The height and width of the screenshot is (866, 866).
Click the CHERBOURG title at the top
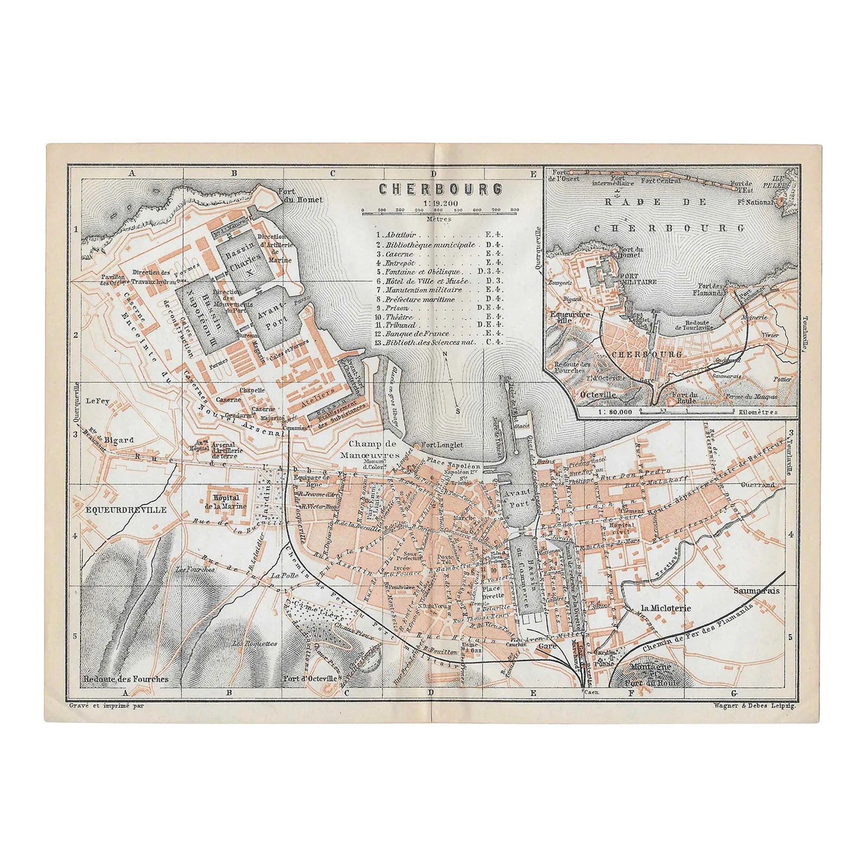click(x=439, y=189)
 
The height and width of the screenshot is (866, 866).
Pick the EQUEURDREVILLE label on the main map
click(x=114, y=509)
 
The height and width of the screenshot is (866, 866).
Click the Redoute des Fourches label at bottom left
click(x=126, y=679)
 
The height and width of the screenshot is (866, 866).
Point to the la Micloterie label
click(x=666, y=608)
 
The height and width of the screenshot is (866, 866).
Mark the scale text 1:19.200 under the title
click(x=439, y=202)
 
